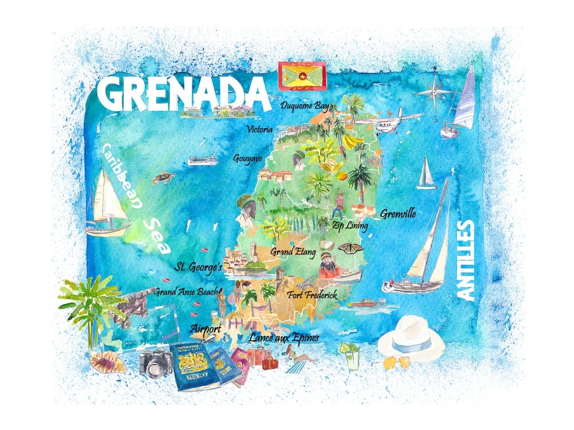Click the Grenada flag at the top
(x=302, y=76)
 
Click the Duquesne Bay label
(x=304, y=106)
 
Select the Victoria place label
(x=259, y=130)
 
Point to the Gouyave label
(x=249, y=158)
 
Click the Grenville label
(x=398, y=214)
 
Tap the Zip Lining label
(x=350, y=225)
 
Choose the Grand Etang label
(x=293, y=251)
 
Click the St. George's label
(x=199, y=267)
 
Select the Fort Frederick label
(x=312, y=296)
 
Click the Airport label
(x=205, y=329)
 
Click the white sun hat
(x=411, y=339)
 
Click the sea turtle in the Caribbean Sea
(x=163, y=178)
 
